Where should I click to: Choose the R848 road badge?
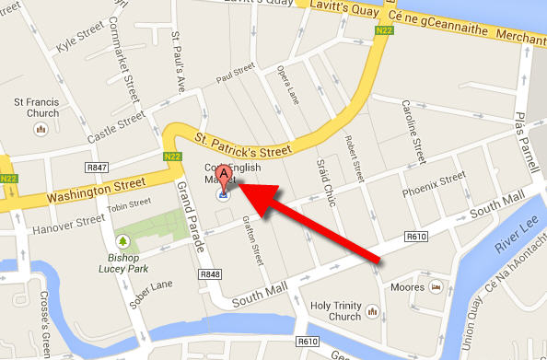click(211, 274)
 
